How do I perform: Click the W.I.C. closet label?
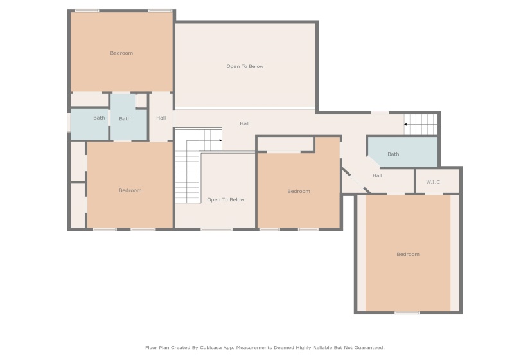(434, 182)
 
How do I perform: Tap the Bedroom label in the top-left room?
(121, 53)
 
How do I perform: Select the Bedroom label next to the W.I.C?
(407, 255)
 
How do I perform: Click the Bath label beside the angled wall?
(393, 154)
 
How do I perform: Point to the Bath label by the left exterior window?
(99, 118)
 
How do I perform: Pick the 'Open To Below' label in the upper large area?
(245, 67)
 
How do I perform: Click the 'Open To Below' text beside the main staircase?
(225, 200)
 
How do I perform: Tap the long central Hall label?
(245, 124)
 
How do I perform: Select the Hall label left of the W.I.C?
(377, 175)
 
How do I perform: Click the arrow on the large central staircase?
(220, 139)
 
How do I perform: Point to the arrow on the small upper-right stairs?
(405, 124)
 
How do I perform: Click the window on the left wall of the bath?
(69, 123)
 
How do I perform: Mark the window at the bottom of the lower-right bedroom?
(407, 312)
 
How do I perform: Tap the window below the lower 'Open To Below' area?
(216, 229)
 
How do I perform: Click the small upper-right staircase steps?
(423, 123)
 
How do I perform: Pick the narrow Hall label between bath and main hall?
(161, 118)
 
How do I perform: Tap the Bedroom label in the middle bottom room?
(299, 192)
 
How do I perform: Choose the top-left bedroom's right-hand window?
(160, 11)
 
